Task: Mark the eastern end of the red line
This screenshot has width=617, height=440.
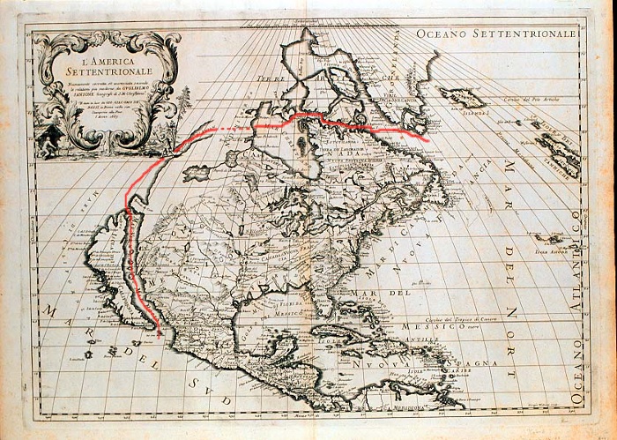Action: pyautogui.click(x=428, y=139)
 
